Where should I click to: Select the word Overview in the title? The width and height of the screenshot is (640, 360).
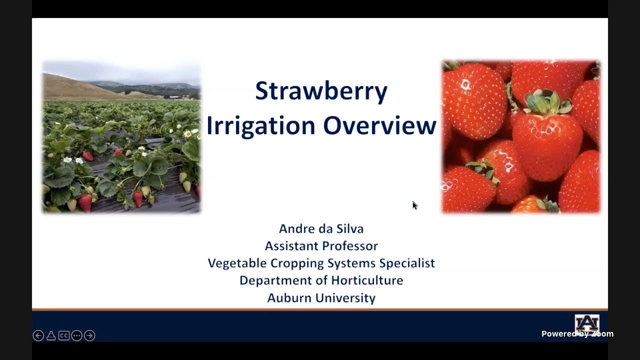point(380,125)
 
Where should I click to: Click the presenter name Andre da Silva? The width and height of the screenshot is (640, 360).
point(321,228)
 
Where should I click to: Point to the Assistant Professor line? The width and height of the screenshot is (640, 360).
point(321,246)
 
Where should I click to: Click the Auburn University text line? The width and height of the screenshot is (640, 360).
point(321,298)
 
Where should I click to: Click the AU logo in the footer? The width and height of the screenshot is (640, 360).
point(586,322)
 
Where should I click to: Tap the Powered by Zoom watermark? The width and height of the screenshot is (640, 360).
point(577,334)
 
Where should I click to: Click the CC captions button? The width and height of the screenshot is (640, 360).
point(64,335)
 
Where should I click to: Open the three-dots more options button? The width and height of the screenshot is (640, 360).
point(76,335)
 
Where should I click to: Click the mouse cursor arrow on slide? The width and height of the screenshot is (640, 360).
point(414,205)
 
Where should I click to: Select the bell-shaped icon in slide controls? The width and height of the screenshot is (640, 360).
point(51,335)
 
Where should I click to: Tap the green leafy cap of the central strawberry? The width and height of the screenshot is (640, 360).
point(547,102)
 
